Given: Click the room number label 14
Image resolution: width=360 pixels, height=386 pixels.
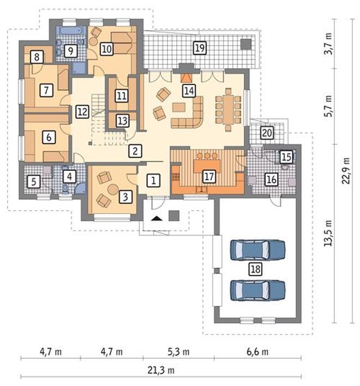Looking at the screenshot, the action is [189, 91].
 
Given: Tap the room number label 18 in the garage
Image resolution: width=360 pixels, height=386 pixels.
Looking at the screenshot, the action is [255, 269].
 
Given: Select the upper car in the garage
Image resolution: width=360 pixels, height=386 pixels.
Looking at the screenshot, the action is [257, 250].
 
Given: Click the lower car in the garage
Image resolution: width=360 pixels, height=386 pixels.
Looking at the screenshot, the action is [257, 290].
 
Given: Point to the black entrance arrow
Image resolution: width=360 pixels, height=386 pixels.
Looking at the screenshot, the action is [157, 218].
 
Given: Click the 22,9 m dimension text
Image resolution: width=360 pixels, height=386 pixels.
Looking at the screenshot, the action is [346, 170].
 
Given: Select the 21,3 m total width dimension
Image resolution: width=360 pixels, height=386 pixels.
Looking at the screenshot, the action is [161, 370].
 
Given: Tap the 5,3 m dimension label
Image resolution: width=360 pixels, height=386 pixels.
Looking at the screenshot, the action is [178, 352].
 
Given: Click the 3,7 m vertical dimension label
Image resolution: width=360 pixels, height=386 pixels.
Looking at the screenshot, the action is [328, 44].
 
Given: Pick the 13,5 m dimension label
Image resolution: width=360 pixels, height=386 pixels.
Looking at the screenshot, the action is [328, 233].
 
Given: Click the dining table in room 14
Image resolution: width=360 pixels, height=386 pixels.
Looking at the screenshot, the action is [228, 110].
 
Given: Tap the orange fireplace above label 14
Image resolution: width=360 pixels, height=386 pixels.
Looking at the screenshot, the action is [187, 78].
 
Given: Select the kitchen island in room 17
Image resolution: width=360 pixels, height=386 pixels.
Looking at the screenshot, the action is [207, 166].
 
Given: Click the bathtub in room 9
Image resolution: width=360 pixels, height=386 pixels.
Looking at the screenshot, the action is [70, 31].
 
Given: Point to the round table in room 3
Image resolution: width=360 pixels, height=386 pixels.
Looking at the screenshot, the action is [113, 189].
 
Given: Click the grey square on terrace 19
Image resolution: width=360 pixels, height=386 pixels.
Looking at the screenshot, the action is [246, 44].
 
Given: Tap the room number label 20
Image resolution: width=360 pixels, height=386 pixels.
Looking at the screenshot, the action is [267, 133].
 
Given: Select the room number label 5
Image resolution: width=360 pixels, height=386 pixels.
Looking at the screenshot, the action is [33, 182].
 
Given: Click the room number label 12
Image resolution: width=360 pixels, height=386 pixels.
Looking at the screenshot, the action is [82, 112].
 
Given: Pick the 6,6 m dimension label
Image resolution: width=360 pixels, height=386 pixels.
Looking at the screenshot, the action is [257, 352].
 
